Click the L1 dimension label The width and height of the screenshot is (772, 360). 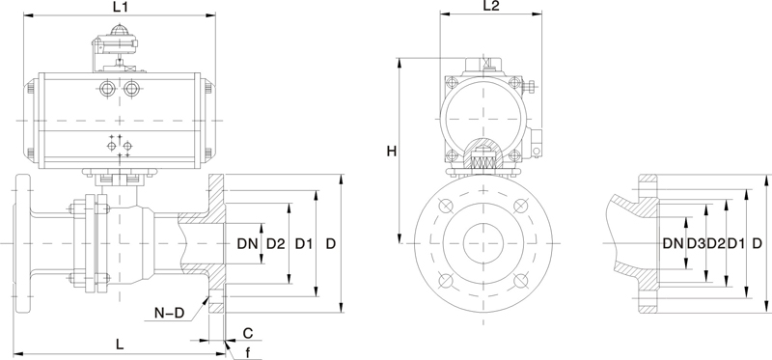[x=120, y=7]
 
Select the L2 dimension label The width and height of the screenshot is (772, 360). [x=491, y=6]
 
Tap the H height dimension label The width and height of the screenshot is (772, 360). [x=392, y=152]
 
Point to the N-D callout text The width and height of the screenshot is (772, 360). [x=168, y=313]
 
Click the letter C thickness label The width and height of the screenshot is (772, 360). [x=248, y=333]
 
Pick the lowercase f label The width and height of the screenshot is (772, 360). [x=248, y=352]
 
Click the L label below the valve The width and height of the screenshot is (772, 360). [x=120, y=345]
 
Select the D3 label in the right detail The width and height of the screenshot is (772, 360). [x=696, y=243]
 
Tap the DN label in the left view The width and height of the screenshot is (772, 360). [x=248, y=243]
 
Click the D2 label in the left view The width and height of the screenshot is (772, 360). [x=276, y=243]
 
